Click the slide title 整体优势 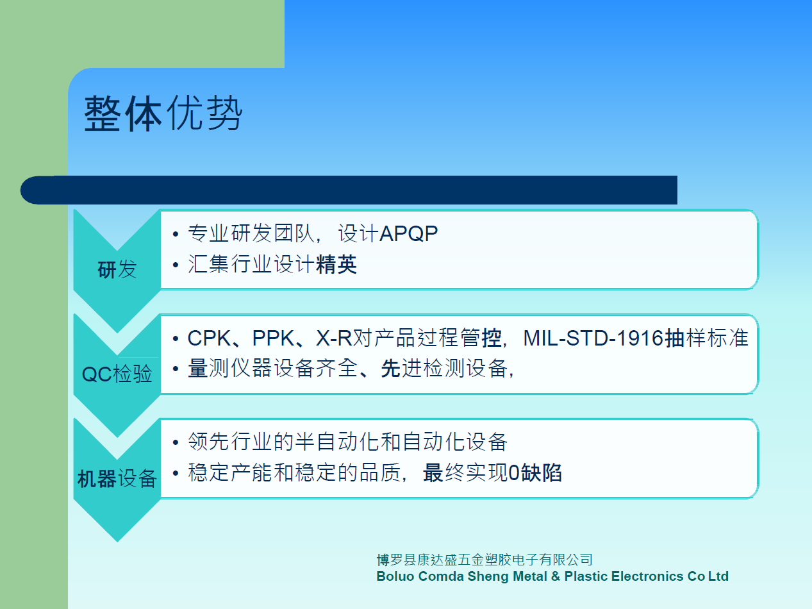pyautogui.click(x=163, y=113)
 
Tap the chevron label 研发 pyautogui.click(x=117, y=269)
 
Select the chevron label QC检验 pyautogui.click(x=117, y=374)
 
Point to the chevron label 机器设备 pyautogui.click(x=117, y=478)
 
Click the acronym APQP pyautogui.click(x=409, y=234)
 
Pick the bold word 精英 pyautogui.click(x=336, y=265)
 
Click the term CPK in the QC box pyautogui.click(x=209, y=338)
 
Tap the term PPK pyautogui.click(x=273, y=338)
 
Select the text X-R pyautogui.click(x=334, y=338)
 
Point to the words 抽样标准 pyautogui.click(x=706, y=338)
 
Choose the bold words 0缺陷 pyautogui.click(x=535, y=473)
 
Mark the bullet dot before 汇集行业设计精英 pyautogui.click(x=176, y=265)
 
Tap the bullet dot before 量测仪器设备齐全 pyautogui.click(x=176, y=369)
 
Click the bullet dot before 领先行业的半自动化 pyautogui.click(x=176, y=442)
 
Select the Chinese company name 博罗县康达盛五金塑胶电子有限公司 pyautogui.click(x=485, y=560)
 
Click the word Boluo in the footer pyautogui.click(x=395, y=576)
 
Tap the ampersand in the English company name pyautogui.click(x=555, y=576)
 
